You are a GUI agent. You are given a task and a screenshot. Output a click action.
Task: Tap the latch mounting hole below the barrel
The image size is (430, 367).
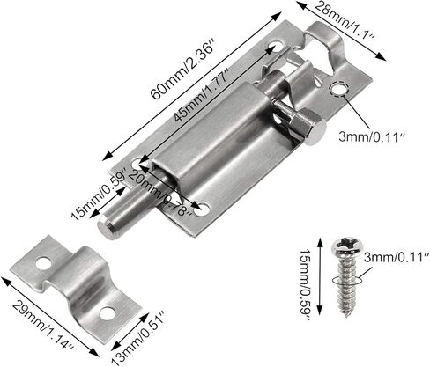tap(204, 209)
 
